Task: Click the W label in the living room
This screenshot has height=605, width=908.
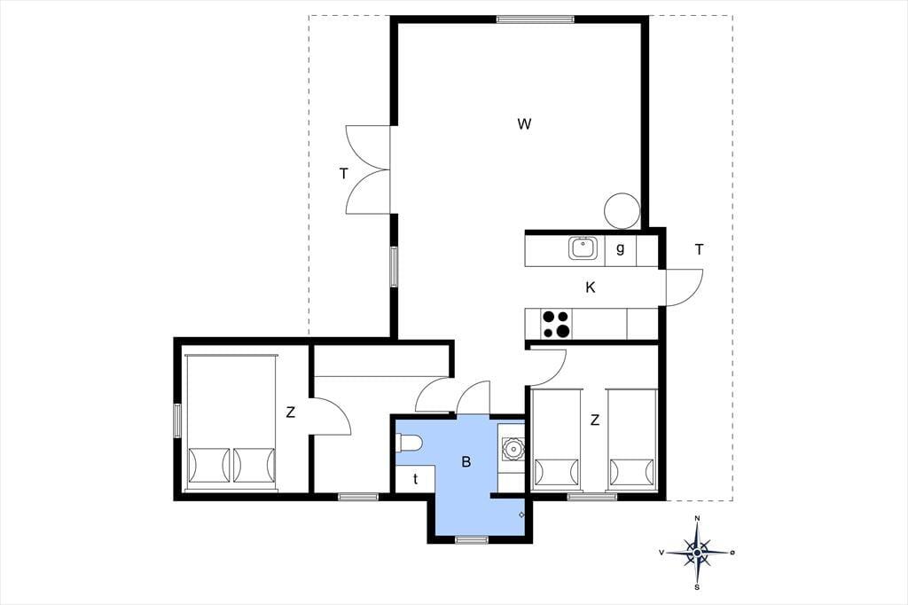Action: pos(524,123)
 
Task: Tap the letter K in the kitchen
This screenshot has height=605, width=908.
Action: pos(590,287)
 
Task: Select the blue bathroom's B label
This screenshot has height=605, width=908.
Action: pos(466,462)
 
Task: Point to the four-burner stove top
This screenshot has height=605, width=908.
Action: pos(556,324)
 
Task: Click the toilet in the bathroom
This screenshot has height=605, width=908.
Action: pos(410,444)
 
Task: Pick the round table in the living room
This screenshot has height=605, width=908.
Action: pos(622,210)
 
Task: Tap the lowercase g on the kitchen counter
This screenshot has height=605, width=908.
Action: pos(620,249)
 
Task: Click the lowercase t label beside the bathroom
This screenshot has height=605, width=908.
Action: pos(415,479)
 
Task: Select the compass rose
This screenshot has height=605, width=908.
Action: pos(698,553)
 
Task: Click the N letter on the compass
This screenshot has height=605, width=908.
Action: pos(698,518)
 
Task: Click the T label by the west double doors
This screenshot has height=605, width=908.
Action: pos(344,173)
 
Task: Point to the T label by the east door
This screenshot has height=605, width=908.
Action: pos(699,250)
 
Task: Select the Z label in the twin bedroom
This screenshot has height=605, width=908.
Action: pos(595,420)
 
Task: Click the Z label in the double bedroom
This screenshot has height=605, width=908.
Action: pos(291,412)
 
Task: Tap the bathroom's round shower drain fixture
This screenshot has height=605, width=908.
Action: pos(512,448)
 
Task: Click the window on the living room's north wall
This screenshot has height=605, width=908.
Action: pos(535,20)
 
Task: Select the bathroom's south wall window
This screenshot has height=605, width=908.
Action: pos(472,540)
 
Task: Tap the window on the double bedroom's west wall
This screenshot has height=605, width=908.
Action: pos(177,420)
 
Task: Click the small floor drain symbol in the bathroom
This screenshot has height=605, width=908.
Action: pos(521,515)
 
